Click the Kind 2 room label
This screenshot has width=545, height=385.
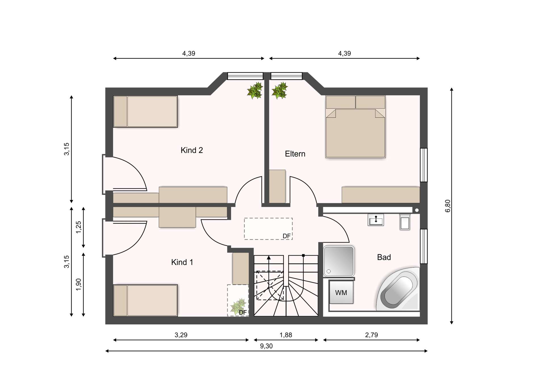(x=192, y=150)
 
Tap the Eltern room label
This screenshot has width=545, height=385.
(x=295, y=154)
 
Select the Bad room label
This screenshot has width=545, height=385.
(x=384, y=257)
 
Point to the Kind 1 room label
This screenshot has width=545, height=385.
(x=182, y=262)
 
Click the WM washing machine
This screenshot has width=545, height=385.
(x=341, y=293)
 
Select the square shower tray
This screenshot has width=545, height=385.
(x=339, y=261)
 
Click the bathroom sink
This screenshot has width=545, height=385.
(x=376, y=220)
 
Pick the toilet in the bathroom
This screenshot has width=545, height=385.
(x=405, y=222)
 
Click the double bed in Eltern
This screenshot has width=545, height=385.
(x=355, y=127)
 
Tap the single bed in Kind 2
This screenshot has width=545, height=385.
(x=145, y=111)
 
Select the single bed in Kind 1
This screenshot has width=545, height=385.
(x=145, y=300)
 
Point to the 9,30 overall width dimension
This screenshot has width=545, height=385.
(x=266, y=346)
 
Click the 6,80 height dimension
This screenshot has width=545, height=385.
(x=448, y=206)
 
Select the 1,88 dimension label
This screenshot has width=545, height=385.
(x=286, y=335)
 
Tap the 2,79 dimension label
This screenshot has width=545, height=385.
(x=371, y=335)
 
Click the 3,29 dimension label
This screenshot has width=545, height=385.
(x=181, y=335)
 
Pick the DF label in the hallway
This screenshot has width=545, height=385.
(x=286, y=236)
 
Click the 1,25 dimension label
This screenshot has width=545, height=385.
(x=79, y=227)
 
